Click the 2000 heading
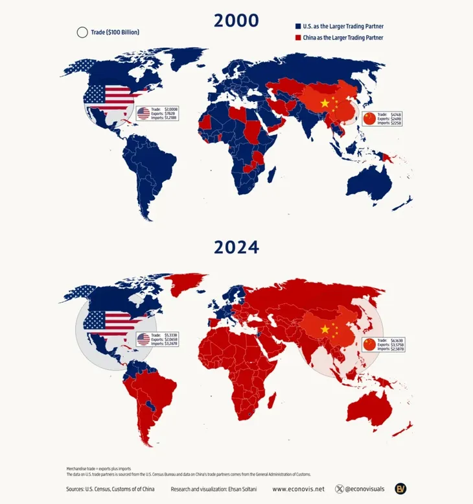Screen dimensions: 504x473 [236, 20]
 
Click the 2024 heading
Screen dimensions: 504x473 [236, 247]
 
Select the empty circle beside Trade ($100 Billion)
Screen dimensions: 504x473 [82, 32]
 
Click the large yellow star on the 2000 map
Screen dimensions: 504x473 [325, 104]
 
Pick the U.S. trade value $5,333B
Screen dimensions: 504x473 [171, 334]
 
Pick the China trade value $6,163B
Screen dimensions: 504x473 [397, 339]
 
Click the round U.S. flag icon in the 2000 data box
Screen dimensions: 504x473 [144, 114]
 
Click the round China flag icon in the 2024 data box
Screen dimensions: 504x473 [369, 344]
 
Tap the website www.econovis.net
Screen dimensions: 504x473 [298, 489]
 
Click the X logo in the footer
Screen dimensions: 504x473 [340, 489]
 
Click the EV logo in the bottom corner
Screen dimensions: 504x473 [402, 488]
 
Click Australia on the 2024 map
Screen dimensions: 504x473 [371, 409]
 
